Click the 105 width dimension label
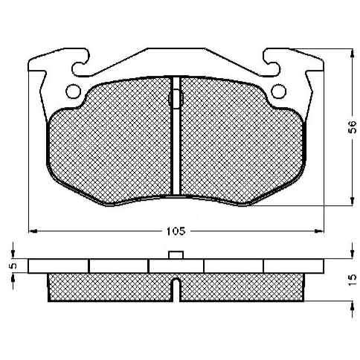point(176,231)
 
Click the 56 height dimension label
point(353,127)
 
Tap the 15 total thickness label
point(353,280)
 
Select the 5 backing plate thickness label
point(13,266)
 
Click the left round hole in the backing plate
point(73,91)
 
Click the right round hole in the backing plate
point(278,91)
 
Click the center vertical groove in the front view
point(176,136)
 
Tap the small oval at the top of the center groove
point(176,98)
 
